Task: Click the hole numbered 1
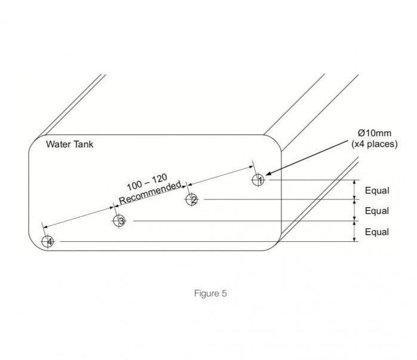click(257, 180)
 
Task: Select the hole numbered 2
click(192, 199)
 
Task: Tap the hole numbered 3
click(119, 221)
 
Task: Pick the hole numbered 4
click(47, 242)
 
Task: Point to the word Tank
click(84, 144)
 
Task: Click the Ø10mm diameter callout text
click(375, 133)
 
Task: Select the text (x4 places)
click(375, 144)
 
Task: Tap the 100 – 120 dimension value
click(147, 182)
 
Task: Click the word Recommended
click(151, 193)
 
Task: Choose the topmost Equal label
click(377, 190)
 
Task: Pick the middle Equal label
click(377, 211)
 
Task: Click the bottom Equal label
click(377, 232)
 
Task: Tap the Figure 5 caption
click(210, 293)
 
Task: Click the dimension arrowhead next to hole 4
click(45, 227)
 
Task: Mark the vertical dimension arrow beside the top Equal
click(354, 190)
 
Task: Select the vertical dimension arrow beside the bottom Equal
click(354, 231)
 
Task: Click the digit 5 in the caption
click(224, 294)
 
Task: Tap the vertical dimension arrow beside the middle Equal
click(354, 210)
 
